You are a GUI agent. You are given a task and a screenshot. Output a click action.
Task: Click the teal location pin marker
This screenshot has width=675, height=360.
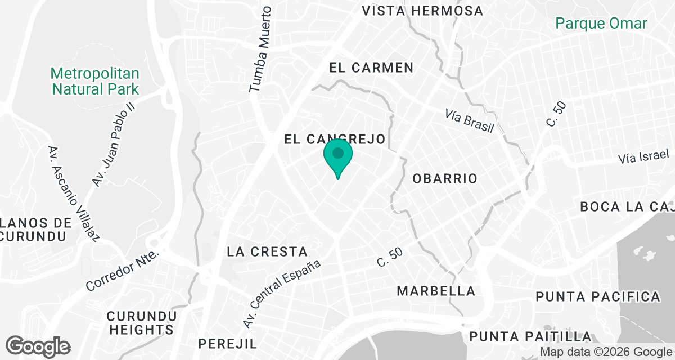(x=338, y=156)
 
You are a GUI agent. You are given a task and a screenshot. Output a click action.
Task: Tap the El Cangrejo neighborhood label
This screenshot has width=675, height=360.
(x=334, y=139)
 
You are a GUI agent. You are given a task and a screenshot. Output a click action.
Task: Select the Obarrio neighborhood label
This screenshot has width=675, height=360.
(x=445, y=179)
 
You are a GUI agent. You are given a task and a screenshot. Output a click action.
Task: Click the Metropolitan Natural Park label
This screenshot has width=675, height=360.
(x=94, y=81)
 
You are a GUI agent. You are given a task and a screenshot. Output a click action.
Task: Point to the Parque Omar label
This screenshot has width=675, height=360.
(x=601, y=24)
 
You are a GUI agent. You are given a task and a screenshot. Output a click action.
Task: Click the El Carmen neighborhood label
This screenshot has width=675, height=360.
(x=371, y=68)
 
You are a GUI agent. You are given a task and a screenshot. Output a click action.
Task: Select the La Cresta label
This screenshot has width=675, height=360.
(x=267, y=251)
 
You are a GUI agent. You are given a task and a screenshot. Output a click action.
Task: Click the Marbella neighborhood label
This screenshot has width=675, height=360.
(x=436, y=291)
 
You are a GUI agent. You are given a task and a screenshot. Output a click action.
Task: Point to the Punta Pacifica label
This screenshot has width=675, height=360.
(x=597, y=296)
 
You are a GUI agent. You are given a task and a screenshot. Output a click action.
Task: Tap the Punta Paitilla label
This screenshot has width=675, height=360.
(x=530, y=337)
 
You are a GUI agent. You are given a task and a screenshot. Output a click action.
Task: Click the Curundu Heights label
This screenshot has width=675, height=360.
(x=142, y=322)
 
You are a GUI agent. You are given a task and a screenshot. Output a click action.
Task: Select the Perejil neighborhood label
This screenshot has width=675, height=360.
(x=227, y=344)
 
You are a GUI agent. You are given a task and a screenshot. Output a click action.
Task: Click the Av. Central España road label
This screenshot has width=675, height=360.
(x=282, y=294)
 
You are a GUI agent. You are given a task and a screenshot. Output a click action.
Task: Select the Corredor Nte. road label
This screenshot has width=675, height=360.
(x=123, y=271)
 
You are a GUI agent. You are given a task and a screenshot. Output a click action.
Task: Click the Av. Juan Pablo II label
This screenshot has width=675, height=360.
(x=114, y=145)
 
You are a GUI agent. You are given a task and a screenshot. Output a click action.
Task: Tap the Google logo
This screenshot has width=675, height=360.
(x=38, y=345)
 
